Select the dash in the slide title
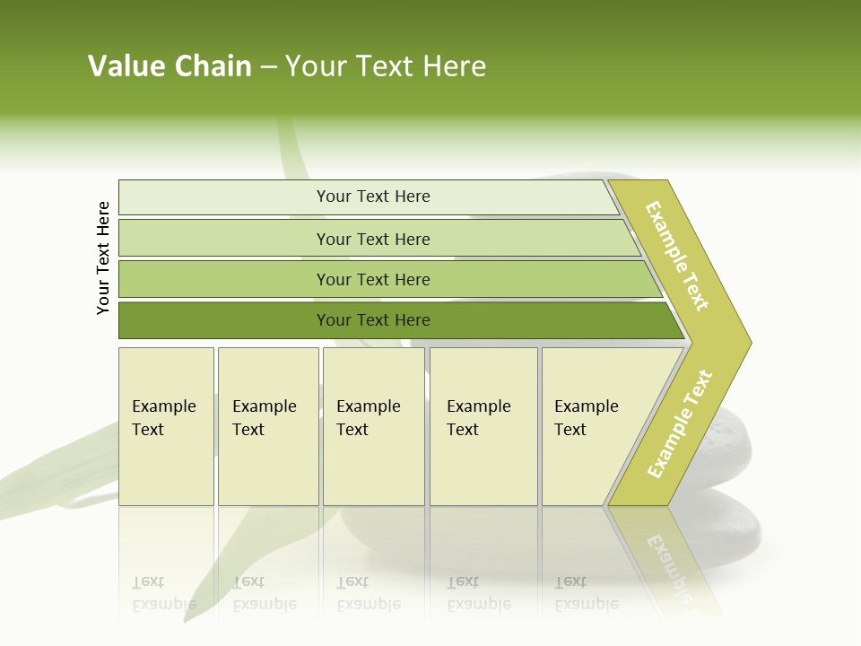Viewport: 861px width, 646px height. (x=268, y=67)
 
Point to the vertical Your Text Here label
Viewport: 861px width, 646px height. (x=103, y=258)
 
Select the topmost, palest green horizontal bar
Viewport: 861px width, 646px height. (x=368, y=197)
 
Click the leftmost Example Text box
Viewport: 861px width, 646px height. (x=166, y=426)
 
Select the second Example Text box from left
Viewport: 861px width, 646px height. (x=268, y=426)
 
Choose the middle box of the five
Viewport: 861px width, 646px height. (x=373, y=426)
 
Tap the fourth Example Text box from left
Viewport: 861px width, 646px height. (x=483, y=426)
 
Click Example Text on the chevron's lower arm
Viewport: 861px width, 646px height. (x=680, y=424)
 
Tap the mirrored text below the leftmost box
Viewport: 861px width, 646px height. (x=164, y=593)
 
